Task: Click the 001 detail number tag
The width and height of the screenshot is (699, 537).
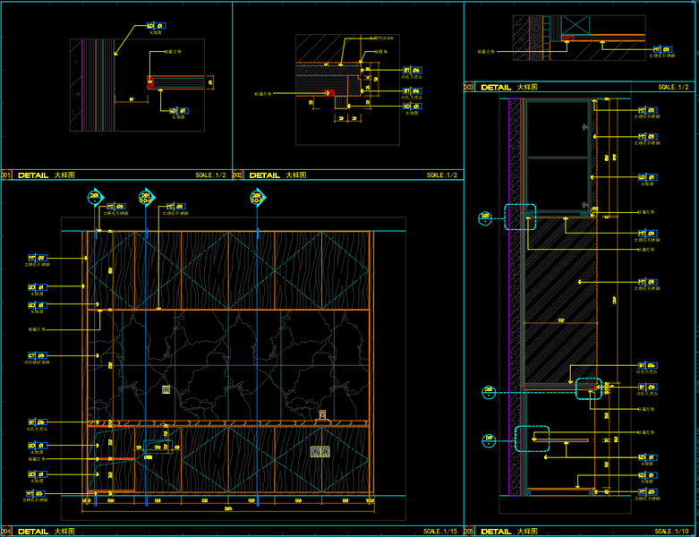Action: pos(5,175)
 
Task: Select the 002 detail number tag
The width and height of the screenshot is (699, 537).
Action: pos(237,175)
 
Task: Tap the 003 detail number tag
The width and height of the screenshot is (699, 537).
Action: pos(468,88)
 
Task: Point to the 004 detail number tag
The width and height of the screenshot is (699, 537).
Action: pos(5,531)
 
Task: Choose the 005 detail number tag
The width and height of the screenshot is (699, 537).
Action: pos(468,531)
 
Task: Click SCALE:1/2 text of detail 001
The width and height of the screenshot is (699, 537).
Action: pos(211,175)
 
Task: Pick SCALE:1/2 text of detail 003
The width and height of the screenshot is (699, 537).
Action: pos(673,88)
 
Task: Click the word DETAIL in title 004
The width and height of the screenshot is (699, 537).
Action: pos(33,531)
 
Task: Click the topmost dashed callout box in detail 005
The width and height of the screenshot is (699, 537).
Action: pos(519,217)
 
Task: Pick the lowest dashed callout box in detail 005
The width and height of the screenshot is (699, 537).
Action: pos(533,438)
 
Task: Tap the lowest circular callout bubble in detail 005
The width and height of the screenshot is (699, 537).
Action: pos(489,440)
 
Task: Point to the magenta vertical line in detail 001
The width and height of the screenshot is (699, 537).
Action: pos(82,85)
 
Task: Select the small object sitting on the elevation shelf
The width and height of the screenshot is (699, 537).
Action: pos(321,415)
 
